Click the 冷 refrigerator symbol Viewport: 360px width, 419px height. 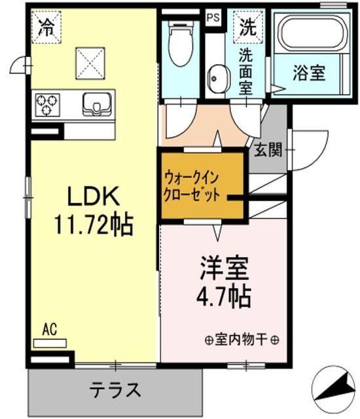pyautogui.click(x=46, y=27)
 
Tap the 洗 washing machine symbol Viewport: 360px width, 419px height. pyautogui.click(x=246, y=27)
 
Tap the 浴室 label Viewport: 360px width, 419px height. pyautogui.click(x=309, y=73)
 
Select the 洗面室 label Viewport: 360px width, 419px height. pyautogui.click(x=246, y=69)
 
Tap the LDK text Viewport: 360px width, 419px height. pyautogui.click(x=94, y=196)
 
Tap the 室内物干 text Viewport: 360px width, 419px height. pyautogui.click(x=242, y=340)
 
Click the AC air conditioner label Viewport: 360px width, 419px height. pyautogui.click(x=48, y=329)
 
